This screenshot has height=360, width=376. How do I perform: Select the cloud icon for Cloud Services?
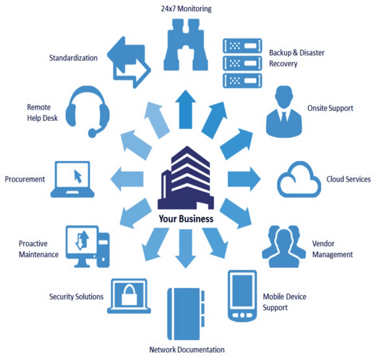pos(301,179)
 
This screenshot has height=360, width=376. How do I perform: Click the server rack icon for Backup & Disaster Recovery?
pos(242,61)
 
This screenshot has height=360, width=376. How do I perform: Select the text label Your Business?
pos(186,219)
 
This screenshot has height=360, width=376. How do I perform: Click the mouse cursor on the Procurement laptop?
pos(78,177)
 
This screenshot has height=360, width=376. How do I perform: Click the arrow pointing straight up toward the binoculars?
pos(185,109)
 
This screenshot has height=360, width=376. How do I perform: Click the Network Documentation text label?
pos(187,350)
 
